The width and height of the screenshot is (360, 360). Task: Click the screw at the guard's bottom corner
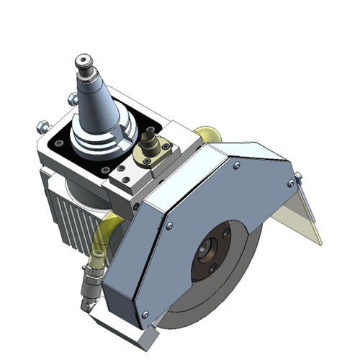coord(145,314)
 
